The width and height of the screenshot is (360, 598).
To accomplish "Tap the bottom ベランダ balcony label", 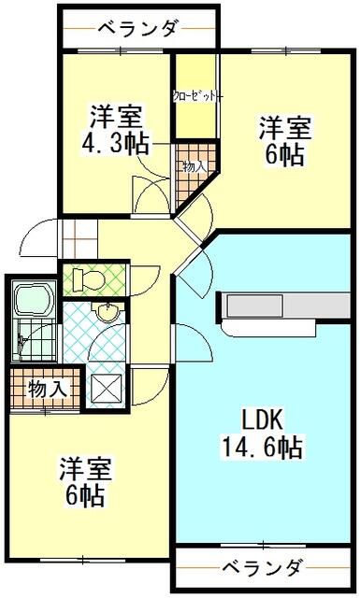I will (x=263, y=567).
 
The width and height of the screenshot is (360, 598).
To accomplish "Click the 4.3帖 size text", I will (x=117, y=147).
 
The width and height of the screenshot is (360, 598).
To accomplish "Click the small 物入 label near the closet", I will (x=194, y=165).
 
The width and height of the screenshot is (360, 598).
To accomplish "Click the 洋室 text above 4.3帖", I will (x=115, y=118).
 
